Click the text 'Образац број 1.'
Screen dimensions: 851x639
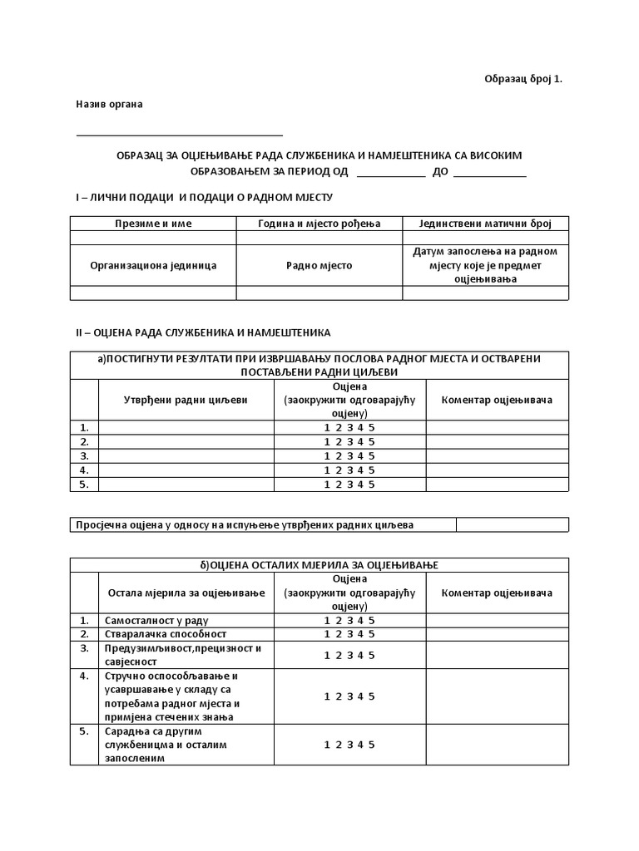point(523,79)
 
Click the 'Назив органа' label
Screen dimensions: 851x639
point(109,105)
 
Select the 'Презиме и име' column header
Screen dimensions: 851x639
point(153,224)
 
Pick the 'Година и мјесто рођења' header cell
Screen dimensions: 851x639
point(319,224)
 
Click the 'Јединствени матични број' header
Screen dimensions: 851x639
point(486,224)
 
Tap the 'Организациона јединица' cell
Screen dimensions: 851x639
point(153,265)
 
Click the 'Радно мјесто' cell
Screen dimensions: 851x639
point(319,265)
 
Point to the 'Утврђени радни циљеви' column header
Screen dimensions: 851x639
point(186,400)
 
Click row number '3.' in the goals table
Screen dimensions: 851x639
point(84,455)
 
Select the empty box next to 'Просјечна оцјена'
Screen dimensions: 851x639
point(513,524)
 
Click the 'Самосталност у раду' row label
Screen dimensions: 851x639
point(156,620)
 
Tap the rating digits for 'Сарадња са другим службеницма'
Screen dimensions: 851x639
point(349,745)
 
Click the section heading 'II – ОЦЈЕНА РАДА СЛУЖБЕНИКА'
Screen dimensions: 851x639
point(203,332)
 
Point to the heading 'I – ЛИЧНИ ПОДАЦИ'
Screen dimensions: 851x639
point(204,197)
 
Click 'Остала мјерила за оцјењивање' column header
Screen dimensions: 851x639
point(186,593)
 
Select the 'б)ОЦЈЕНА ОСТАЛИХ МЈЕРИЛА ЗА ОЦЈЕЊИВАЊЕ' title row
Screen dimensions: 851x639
point(319,565)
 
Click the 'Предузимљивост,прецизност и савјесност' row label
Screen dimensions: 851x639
point(182,655)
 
